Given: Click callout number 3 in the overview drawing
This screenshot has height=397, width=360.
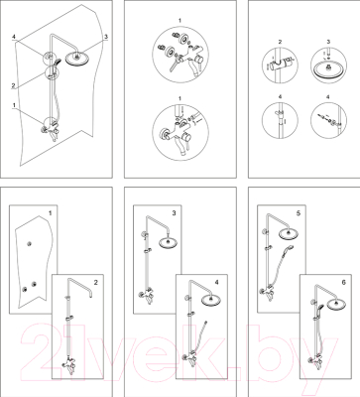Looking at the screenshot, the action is [x=106, y=37].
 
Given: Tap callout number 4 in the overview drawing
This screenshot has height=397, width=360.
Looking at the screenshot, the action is [x=14, y=37].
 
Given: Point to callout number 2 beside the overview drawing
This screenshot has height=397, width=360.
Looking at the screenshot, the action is [x=13, y=85].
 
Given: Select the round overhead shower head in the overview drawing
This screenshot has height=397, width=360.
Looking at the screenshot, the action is [x=77, y=59].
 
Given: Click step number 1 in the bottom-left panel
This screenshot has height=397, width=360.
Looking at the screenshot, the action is [x=50, y=213].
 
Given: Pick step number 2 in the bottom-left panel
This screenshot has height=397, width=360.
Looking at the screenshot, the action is [x=96, y=283].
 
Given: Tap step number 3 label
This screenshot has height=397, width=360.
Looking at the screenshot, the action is [x=175, y=213].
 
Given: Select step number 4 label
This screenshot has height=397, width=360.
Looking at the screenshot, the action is [x=217, y=283].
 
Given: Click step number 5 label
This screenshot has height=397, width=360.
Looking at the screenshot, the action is [x=299, y=213].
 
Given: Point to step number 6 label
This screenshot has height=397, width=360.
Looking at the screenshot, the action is [x=344, y=283].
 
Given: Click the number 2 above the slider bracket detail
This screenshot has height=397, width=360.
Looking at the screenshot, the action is [x=280, y=42].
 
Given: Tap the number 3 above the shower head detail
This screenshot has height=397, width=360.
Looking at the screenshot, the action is [x=328, y=42].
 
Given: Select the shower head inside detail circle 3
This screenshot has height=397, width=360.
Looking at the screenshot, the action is [x=328, y=70].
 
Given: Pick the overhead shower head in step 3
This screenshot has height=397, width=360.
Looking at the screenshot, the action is [x=170, y=242].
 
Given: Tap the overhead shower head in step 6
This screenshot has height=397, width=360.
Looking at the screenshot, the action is [x=336, y=305].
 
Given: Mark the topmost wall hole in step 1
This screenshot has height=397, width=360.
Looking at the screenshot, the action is [x=30, y=244].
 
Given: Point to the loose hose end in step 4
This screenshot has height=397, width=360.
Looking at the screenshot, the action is [x=206, y=322].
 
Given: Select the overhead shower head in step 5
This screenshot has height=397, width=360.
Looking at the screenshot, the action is [x=290, y=233].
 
